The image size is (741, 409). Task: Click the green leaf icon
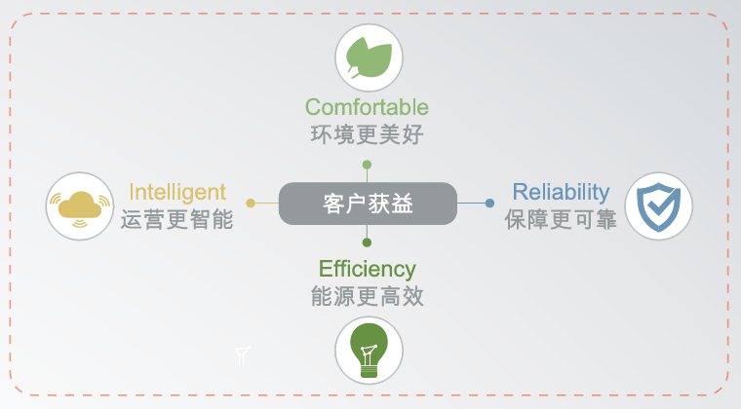click(370, 57)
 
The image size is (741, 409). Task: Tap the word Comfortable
click(367, 107)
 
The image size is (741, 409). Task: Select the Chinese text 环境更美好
click(367, 135)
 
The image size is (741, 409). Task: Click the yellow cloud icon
click(80, 206)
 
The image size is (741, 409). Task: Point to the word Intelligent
click(177, 193)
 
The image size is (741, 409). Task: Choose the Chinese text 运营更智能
click(176, 220)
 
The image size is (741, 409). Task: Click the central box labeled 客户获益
click(368, 204)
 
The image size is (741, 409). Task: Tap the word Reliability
click(561, 193)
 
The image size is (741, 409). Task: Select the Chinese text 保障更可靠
click(561, 220)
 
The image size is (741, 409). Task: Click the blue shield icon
click(659, 206)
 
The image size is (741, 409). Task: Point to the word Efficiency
click(368, 270)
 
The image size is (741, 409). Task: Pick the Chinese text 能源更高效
click(367, 296)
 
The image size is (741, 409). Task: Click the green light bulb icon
click(370, 351)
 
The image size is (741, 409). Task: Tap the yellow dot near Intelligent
click(251, 204)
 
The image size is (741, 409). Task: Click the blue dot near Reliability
click(489, 204)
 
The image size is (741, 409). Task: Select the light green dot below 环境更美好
click(367, 165)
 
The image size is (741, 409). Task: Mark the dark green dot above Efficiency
click(367, 242)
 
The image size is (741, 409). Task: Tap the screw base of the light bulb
click(370, 369)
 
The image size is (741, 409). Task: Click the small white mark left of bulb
click(243, 355)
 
